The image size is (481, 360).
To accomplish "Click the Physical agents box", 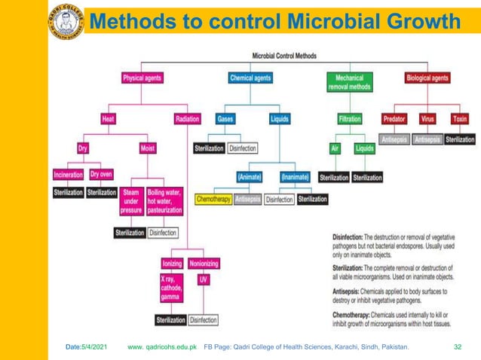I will (142, 78).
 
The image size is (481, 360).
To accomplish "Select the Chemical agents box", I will (250, 78).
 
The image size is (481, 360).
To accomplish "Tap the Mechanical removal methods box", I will (349, 82).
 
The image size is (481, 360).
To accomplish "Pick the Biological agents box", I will (427, 78).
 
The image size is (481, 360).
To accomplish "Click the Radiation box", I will (187, 119).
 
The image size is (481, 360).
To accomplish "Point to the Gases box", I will (225, 119).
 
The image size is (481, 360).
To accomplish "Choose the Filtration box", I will (350, 119).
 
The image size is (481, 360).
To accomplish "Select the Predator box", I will (394, 119).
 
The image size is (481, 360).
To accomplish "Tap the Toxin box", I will (459, 119).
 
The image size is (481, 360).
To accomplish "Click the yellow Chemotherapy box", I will (213, 200).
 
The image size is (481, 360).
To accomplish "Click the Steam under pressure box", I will (130, 202).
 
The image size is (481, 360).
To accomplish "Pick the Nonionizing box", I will (204, 264).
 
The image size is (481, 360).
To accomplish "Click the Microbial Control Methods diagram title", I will (283, 55).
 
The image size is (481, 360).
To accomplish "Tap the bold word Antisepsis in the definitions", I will (351, 291).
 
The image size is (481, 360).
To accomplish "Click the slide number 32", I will (457, 347).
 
